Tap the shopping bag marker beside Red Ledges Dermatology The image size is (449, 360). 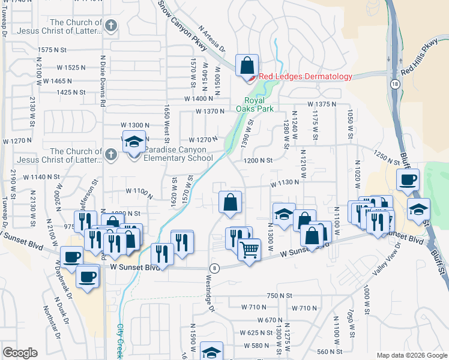click(246, 65)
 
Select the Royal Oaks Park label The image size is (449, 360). click(259, 104)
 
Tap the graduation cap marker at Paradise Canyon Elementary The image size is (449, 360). click(134, 143)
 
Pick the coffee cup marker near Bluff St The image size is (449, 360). click(408, 179)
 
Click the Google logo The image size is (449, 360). click(20, 353)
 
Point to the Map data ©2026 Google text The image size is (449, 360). click(411, 355)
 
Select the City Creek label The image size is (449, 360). click(120, 338)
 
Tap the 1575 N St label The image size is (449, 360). click(52, 50)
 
